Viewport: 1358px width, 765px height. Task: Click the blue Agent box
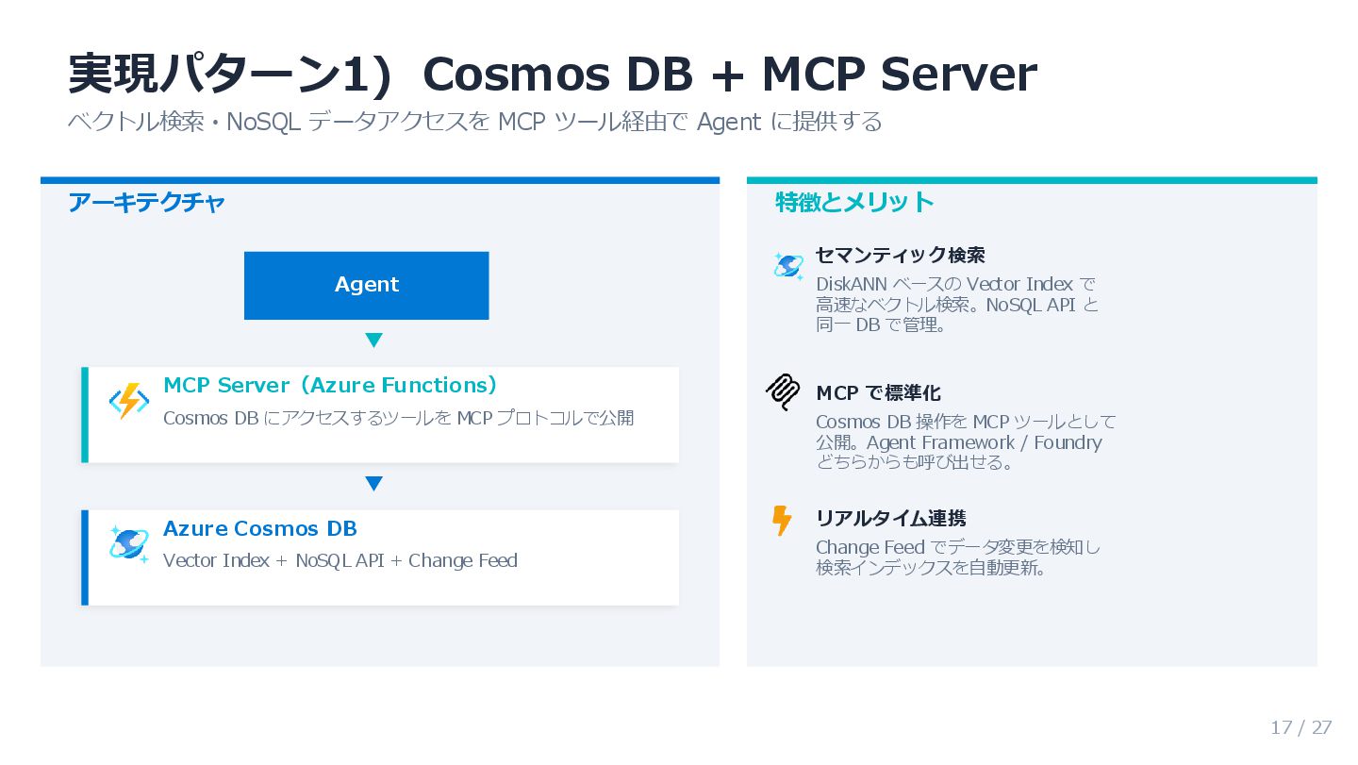tap(366, 285)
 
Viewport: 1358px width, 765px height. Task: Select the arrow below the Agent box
tap(373, 341)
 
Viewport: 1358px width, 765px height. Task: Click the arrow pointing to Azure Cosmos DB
tap(373, 484)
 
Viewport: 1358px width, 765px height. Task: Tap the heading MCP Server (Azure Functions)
tap(330, 385)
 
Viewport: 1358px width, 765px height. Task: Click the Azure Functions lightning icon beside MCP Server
tap(128, 402)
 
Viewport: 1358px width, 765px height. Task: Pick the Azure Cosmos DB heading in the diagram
tap(259, 528)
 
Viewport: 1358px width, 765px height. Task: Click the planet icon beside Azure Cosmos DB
tap(128, 544)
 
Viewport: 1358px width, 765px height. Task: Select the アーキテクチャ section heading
tap(146, 203)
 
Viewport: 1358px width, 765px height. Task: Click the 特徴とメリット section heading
tap(854, 202)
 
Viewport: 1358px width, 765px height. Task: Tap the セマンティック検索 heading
tap(900, 255)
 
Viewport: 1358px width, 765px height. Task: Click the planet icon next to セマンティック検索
tap(787, 267)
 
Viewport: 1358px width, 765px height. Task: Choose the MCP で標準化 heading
tap(878, 392)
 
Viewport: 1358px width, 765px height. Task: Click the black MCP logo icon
tap(783, 392)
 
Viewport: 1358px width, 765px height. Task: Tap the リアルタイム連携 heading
tap(890, 518)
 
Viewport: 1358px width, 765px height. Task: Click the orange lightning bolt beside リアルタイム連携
tap(782, 520)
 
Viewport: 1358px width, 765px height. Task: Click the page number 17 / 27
tap(1300, 727)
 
